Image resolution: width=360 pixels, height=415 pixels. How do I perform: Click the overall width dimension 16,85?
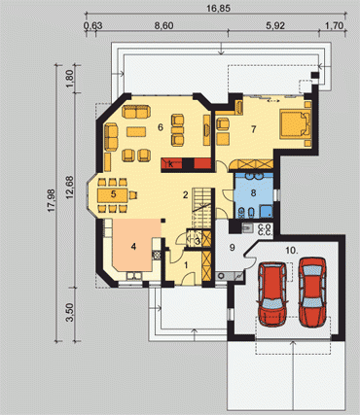tap(219, 9)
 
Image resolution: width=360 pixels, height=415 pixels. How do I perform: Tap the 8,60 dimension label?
tap(163, 26)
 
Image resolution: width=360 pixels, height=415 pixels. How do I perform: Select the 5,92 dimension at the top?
tap(275, 26)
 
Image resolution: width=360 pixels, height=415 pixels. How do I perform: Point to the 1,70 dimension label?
tap(334, 26)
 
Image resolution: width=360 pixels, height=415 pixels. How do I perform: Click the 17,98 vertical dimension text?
tap(52, 200)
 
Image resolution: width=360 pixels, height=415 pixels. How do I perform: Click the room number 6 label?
tap(161, 127)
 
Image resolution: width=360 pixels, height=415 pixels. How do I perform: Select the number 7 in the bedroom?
tap(253, 129)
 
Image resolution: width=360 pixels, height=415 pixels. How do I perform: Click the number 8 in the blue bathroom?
tap(253, 193)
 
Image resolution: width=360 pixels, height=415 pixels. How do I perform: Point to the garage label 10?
tap(292, 250)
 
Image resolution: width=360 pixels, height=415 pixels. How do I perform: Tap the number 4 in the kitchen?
tap(133, 247)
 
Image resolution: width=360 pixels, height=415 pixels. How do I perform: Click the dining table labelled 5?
tap(113, 195)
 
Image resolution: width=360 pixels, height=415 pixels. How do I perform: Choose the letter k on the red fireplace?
tap(171, 164)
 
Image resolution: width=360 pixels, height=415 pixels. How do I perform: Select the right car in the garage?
tap(312, 292)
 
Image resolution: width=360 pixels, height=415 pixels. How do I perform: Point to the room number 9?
tap(232, 248)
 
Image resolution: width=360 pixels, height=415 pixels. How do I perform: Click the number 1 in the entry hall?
tap(186, 265)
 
